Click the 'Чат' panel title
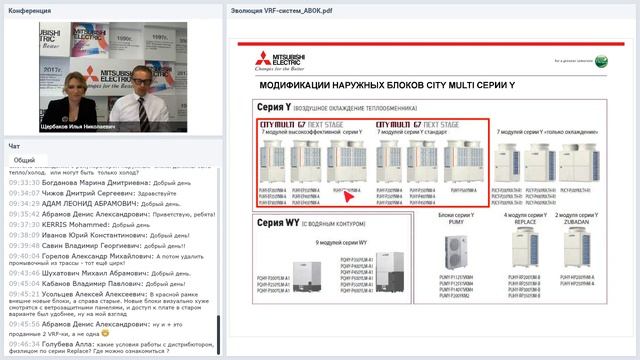pos(14,146)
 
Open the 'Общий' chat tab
pos(25,160)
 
